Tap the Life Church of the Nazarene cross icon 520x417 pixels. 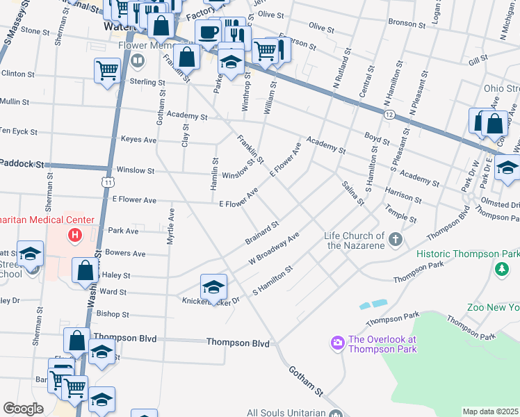[396, 240]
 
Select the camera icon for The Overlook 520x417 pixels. [337, 343]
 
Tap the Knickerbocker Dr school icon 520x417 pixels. [213, 285]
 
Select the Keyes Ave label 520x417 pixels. [138, 139]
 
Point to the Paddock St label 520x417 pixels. [22, 165]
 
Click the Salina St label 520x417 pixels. [352, 193]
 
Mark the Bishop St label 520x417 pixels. [113, 314]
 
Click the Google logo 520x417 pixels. [23, 409]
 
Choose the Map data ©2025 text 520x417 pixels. [489, 411]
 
